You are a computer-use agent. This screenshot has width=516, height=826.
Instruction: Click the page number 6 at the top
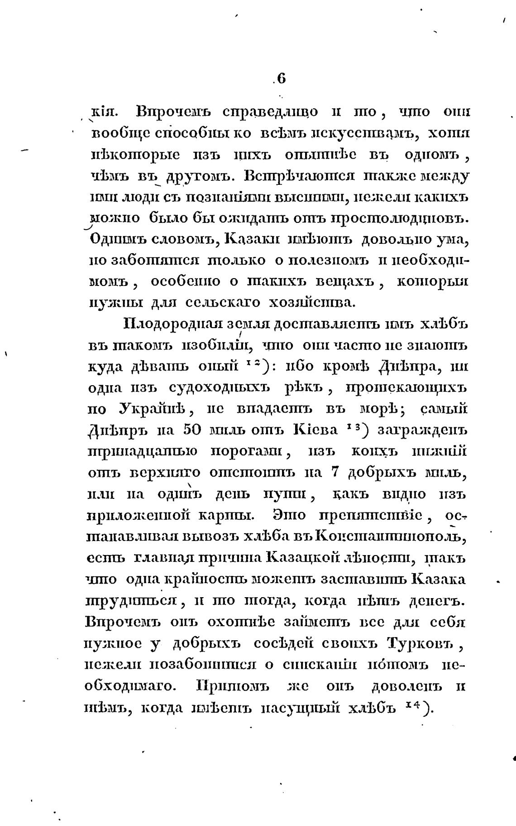[x=281, y=78]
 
